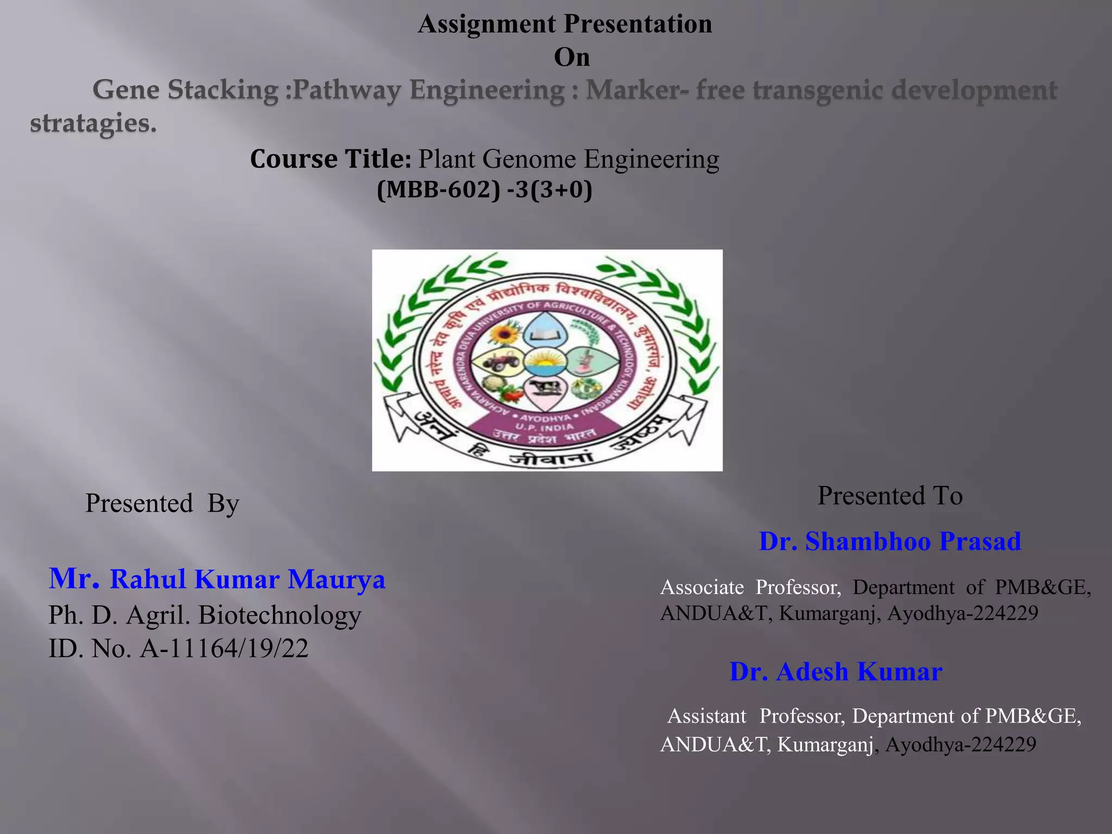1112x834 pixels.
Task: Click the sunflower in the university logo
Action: coord(504,332)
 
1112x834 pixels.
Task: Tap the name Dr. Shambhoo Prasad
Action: coord(889,541)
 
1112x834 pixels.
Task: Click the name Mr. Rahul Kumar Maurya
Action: coord(217,579)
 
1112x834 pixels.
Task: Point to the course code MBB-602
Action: coord(438,190)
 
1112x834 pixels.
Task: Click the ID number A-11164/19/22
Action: coord(224,648)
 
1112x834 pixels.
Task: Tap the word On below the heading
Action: coord(571,57)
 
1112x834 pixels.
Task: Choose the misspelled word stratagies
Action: coord(93,123)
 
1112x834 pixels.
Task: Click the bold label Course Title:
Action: coord(331,159)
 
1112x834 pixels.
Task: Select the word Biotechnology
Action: coord(280,615)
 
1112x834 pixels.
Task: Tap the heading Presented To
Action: coord(889,495)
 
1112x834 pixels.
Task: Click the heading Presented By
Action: coord(162,503)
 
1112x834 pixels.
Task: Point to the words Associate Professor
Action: coord(750,587)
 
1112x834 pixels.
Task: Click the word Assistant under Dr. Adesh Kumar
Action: coord(706,716)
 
